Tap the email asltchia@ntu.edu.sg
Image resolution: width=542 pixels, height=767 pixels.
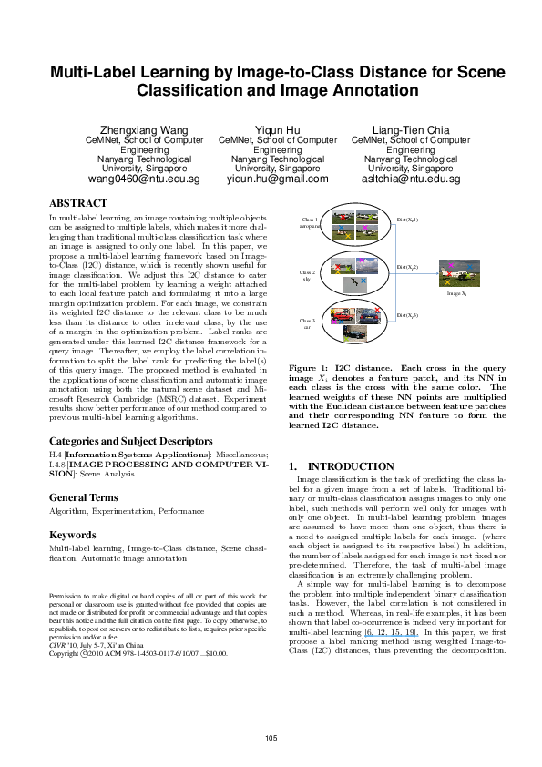[410, 179]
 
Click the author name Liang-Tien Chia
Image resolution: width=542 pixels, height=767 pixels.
[410, 130]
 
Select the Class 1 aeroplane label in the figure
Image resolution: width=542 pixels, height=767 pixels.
[310, 222]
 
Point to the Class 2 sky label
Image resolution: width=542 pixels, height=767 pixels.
[308, 274]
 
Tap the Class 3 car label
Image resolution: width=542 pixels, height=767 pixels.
[307, 323]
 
